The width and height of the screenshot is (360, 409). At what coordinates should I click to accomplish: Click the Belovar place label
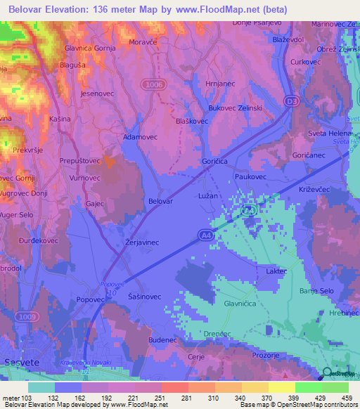(x=161, y=201)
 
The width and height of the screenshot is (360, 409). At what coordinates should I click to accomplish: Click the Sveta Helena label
(x=330, y=134)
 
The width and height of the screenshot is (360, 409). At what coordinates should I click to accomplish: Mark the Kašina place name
(x=60, y=119)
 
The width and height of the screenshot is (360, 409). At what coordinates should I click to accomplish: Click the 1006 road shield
(x=150, y=84)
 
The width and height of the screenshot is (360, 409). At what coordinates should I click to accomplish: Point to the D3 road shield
(x=291, y=103)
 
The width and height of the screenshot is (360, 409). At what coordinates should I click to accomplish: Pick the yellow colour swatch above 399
(x=281, y=387)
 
